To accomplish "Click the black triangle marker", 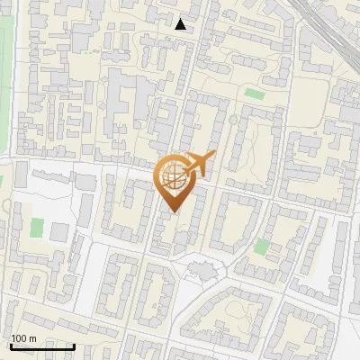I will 181,24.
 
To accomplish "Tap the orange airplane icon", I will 198,163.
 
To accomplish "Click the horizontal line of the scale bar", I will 42,346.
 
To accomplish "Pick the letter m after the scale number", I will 33,339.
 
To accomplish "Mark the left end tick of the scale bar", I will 11,345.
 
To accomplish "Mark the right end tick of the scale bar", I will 74,345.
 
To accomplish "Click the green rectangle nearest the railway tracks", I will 256,94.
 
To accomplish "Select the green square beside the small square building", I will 37,229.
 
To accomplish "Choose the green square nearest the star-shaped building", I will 261,246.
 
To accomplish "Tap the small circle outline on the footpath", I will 233,119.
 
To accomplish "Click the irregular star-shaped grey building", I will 202,267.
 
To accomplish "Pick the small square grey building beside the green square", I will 58,232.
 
